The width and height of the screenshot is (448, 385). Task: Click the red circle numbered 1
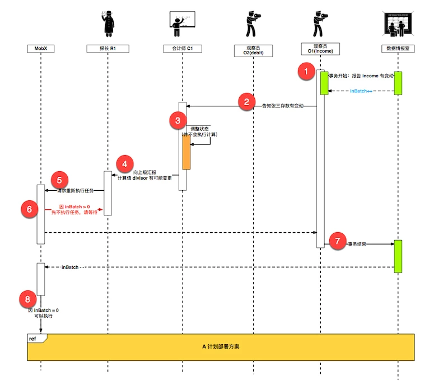(306, 72)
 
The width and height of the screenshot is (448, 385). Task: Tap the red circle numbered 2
(245, 101)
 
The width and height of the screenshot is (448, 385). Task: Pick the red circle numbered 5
(59, 180)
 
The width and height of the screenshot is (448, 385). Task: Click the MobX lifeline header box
(41, 49)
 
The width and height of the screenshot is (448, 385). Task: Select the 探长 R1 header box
(108, 49)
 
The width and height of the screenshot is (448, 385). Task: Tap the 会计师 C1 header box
(183, 49)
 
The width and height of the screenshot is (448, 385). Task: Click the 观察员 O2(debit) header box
(253, 51)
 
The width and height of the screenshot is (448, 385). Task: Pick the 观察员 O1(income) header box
(321, 49)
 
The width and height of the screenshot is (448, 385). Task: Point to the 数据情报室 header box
(397, 49)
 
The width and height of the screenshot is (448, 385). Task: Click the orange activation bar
(186, 152)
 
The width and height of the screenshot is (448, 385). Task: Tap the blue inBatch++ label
(362, 91)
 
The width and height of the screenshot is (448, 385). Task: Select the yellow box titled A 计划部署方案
(222, 346)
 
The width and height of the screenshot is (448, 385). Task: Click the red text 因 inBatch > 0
(74, 206)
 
